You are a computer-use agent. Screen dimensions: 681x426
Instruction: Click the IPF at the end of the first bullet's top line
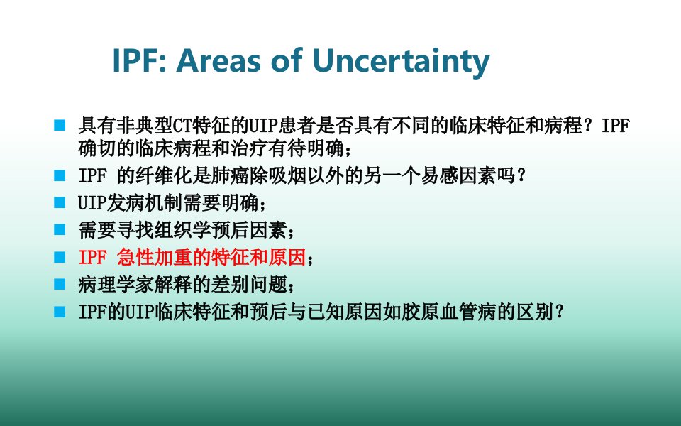click(x=616, y=126)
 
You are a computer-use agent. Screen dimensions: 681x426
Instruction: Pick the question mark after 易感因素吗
click(x=521, y=176)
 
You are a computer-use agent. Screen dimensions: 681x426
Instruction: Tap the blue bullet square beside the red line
click(x=60, y=257)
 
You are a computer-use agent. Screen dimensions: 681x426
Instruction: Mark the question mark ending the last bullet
click(x=560, y=312)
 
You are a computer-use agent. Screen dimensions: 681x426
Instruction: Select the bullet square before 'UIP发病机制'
click(x=60, y=202)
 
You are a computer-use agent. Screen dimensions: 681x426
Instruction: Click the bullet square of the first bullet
click(x=60, y=125)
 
